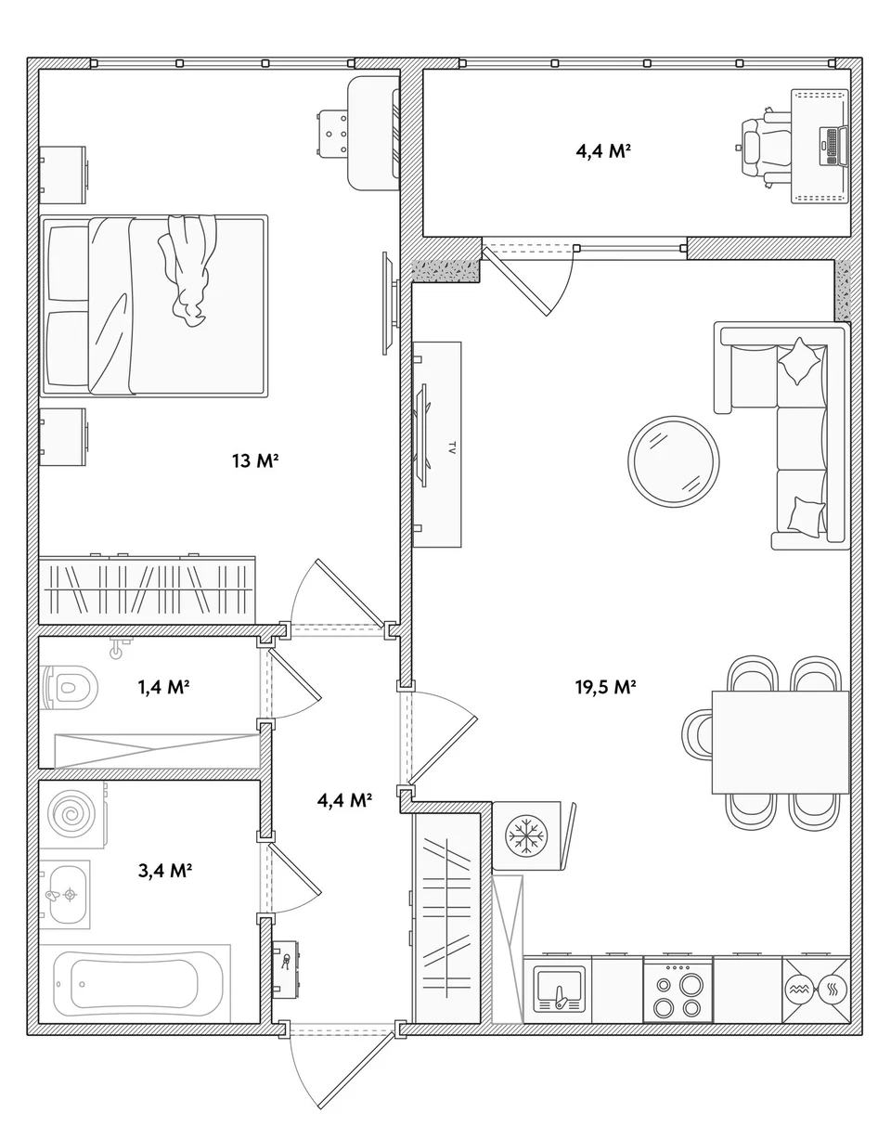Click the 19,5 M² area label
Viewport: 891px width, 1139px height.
tap(605, 686)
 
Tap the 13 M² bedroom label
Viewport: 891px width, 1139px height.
tap(254, 460)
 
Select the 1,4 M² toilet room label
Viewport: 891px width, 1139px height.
tap(163, 686)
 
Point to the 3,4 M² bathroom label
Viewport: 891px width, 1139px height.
tap(165, 871)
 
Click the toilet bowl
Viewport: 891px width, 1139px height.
tap(69, 687)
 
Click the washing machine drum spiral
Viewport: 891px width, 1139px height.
tap(71, 814)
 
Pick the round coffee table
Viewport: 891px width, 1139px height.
tap(674, 461)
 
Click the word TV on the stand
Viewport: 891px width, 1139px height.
tap(451, 447)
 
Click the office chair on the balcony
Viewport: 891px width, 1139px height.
tap(765, 147)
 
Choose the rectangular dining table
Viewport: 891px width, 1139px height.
tap(780, 742)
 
